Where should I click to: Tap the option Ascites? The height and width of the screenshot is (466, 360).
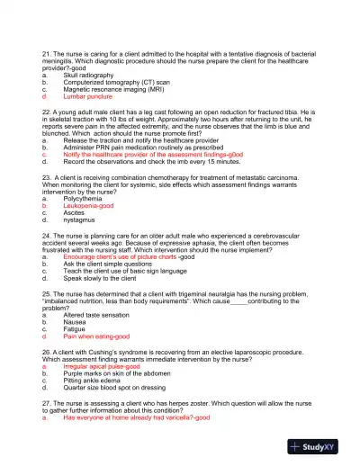(75, 212)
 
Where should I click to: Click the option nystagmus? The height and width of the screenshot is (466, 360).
(81, 220)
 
